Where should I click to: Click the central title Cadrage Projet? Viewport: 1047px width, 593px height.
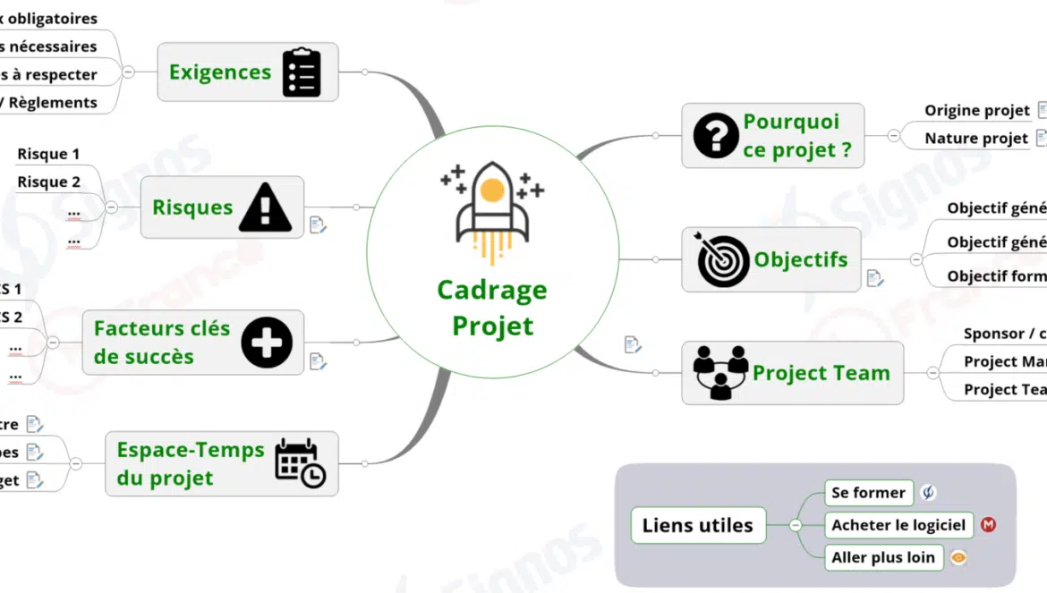[492, 308]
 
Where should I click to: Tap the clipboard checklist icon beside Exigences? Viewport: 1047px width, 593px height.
[302, 72]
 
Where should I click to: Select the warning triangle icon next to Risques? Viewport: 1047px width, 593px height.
[265, 208]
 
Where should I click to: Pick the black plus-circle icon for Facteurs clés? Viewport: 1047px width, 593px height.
[267, 343]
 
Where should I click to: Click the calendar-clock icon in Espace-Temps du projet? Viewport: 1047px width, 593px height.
[300, 463]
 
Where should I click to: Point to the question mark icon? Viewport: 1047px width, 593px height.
[716, 136]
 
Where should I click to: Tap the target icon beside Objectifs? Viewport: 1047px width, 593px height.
[723, 260]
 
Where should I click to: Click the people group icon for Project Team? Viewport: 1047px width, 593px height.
[720, 372]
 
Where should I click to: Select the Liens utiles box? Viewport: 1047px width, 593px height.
[698, 525]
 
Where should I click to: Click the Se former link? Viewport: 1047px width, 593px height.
[868, 492]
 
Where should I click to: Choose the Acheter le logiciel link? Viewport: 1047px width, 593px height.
[898, 525]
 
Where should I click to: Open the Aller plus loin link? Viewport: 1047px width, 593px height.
[882, 557]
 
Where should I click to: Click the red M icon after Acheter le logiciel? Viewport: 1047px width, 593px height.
[988, 525]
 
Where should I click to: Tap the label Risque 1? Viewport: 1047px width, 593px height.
[48, 154]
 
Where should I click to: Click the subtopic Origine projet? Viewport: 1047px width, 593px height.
[977, 110]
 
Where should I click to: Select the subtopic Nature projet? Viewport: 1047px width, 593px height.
[976, 138]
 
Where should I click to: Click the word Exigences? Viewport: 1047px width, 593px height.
[220, 72]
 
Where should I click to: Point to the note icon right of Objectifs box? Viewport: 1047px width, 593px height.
[875, 278]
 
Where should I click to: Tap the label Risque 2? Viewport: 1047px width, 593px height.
[48, 182]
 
